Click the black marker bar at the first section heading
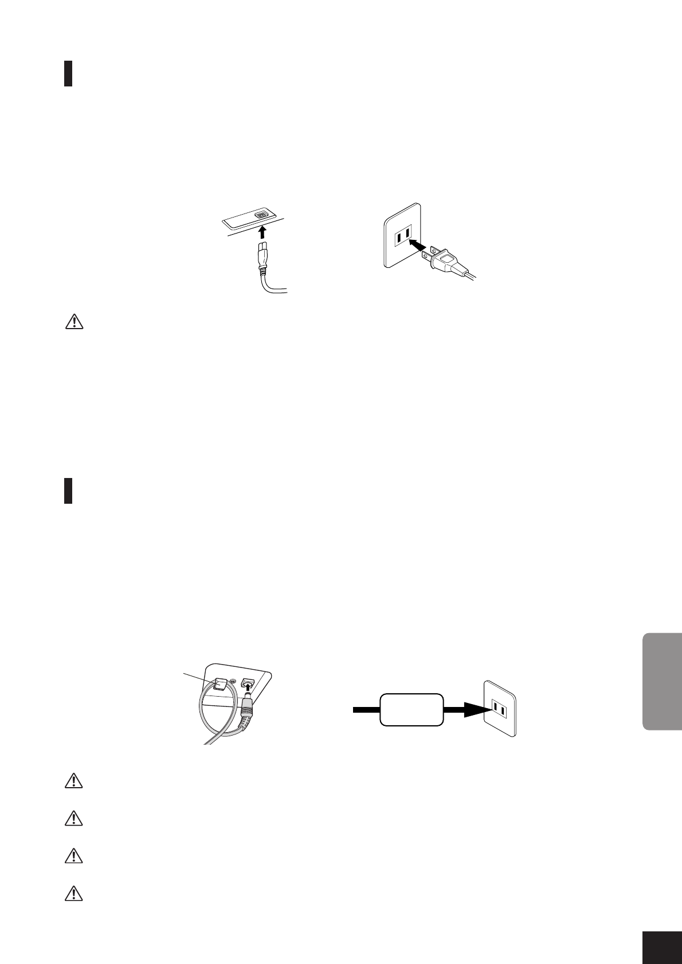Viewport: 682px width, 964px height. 68,73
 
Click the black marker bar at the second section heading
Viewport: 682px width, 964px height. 68,491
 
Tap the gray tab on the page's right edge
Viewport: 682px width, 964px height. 663,681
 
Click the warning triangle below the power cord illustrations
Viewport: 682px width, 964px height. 73,323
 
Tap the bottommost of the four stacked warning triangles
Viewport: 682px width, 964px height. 73,894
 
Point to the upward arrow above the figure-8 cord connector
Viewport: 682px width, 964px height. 262,232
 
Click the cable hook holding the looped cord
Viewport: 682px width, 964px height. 221,684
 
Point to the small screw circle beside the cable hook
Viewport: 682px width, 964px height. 233,681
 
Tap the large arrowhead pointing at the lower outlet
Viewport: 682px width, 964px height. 475,710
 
